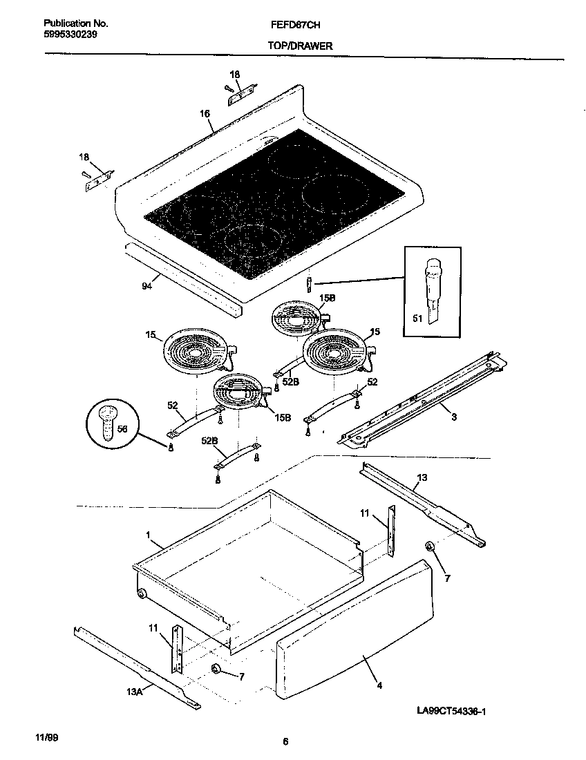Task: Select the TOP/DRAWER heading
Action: [x=300, y=46]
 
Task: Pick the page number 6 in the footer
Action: [x=285, y=742]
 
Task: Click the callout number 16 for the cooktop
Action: [x=205, y=115]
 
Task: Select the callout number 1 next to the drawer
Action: [x=147, y=534]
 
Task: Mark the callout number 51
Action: [x=417, y=319]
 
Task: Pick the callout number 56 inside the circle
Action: [x=123, y=429]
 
